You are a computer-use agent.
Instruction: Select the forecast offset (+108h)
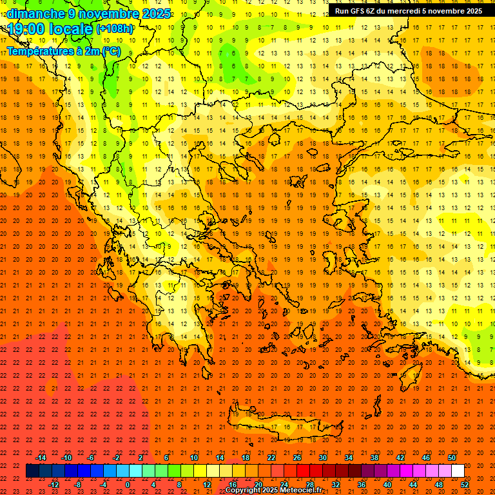115,29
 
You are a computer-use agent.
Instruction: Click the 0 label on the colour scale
128,485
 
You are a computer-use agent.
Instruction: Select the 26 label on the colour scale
297,458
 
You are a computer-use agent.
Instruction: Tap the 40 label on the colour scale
387,485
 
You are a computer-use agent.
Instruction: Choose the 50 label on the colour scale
452,458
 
